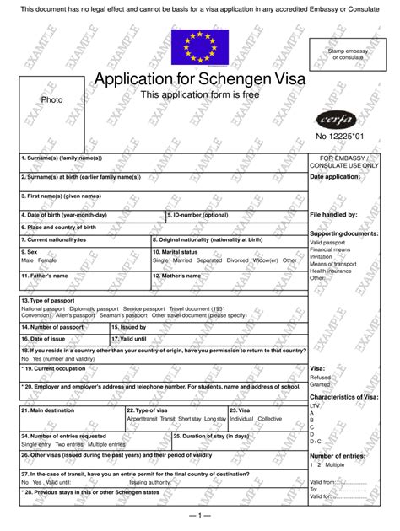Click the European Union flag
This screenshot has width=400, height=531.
click(x=200, y=46)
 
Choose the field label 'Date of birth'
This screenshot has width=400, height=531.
click(x=66, y=215)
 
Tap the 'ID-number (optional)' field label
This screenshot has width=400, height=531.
click(x=198, y=215)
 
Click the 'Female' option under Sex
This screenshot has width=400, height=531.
click(x=47, y=260)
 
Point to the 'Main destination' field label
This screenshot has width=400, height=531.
click(x=50, y=409)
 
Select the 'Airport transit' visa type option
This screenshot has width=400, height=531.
click(x=141, y=418)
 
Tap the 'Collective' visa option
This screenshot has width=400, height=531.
click(x=270, y=418)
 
